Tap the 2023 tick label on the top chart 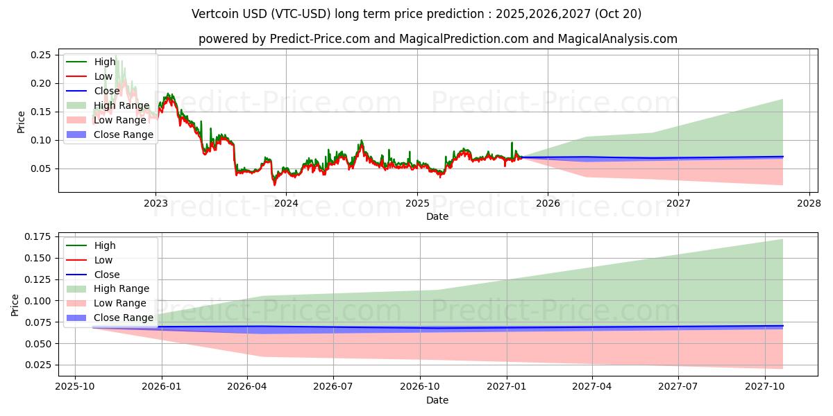[155, 203]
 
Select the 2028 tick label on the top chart [809, 203]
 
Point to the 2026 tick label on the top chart [548, 203]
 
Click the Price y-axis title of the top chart [21, 122]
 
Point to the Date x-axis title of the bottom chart [437, 400]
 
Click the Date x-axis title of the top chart [437, 216]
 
